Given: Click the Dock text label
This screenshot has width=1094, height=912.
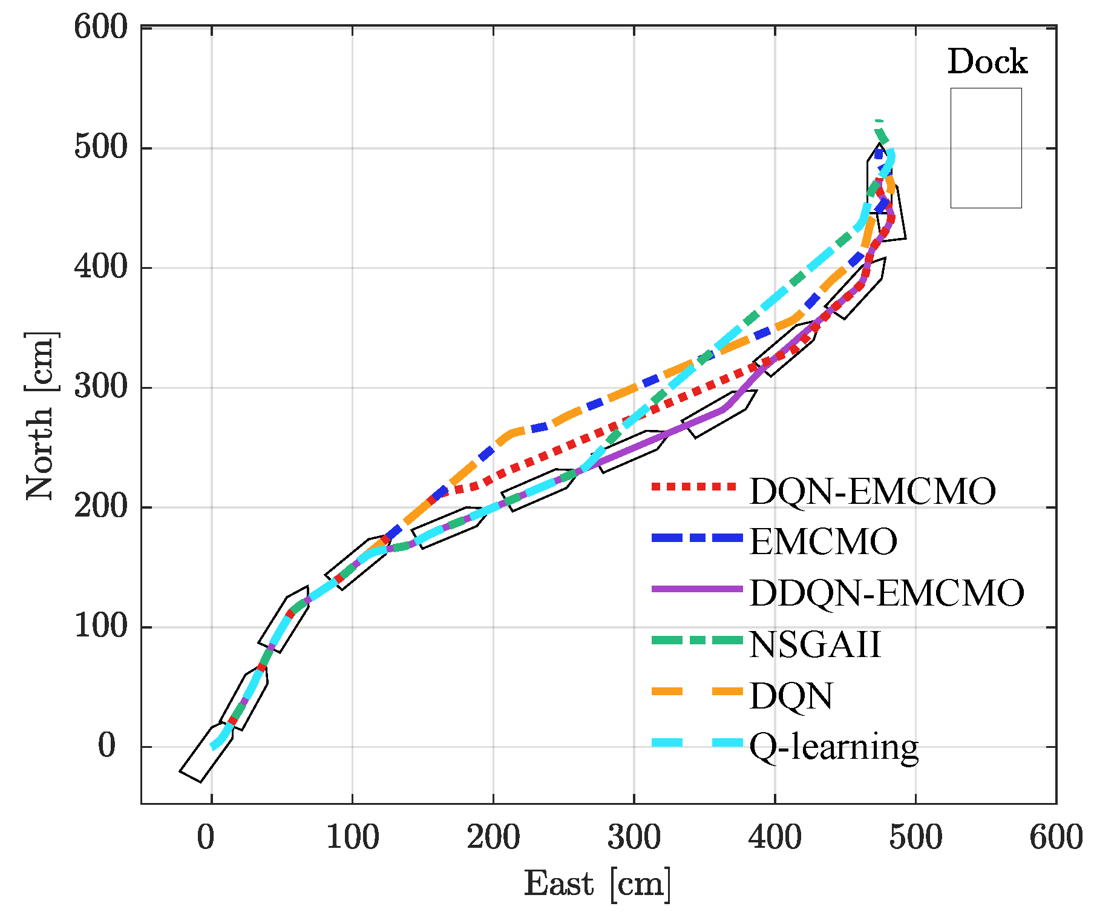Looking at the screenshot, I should coord(987,62).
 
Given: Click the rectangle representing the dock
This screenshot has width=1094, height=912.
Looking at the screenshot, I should coord(986,148).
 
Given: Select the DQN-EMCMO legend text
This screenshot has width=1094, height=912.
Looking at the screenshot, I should coord(872,491).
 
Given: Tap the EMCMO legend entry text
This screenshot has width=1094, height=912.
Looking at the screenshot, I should coord(823,541).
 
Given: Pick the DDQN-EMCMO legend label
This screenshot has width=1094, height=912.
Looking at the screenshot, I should coord(886,593).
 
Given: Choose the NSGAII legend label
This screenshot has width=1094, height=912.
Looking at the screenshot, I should coord(814,644).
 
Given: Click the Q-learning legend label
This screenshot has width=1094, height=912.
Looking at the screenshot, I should coord(834,747).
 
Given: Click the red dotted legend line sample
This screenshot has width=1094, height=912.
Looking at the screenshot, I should coord(695,486).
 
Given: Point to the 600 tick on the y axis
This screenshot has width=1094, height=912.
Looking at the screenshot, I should coord(101,28).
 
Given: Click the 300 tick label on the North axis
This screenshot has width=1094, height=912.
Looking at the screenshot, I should coord(101,388).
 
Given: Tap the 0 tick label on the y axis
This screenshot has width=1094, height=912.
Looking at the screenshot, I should coord(106,746).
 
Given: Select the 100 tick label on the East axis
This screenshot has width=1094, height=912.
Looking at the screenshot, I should coord(352,838).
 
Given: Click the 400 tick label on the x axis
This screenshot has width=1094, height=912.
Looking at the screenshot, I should coord(775,838).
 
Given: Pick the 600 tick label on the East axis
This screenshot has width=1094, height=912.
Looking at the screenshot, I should coord(1056,838).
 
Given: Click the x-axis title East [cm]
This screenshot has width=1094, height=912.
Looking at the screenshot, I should coord(597,884).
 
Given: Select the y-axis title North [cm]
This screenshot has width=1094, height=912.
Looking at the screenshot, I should coord(41,415).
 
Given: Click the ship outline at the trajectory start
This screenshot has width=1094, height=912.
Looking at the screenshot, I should coord(206,753).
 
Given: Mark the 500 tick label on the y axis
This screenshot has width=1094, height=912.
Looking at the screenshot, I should coord(101,148).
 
